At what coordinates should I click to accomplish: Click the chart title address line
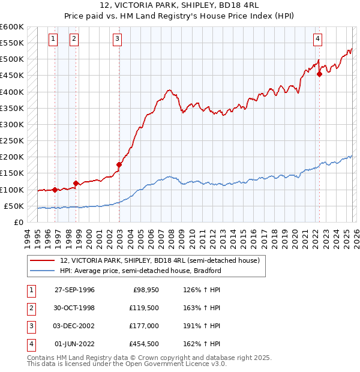[x=180, y=7]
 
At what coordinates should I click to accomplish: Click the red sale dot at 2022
[x=319, y=74]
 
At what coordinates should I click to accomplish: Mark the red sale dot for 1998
[x=76, y=184]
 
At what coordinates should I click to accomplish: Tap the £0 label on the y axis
[x=18, y=222]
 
